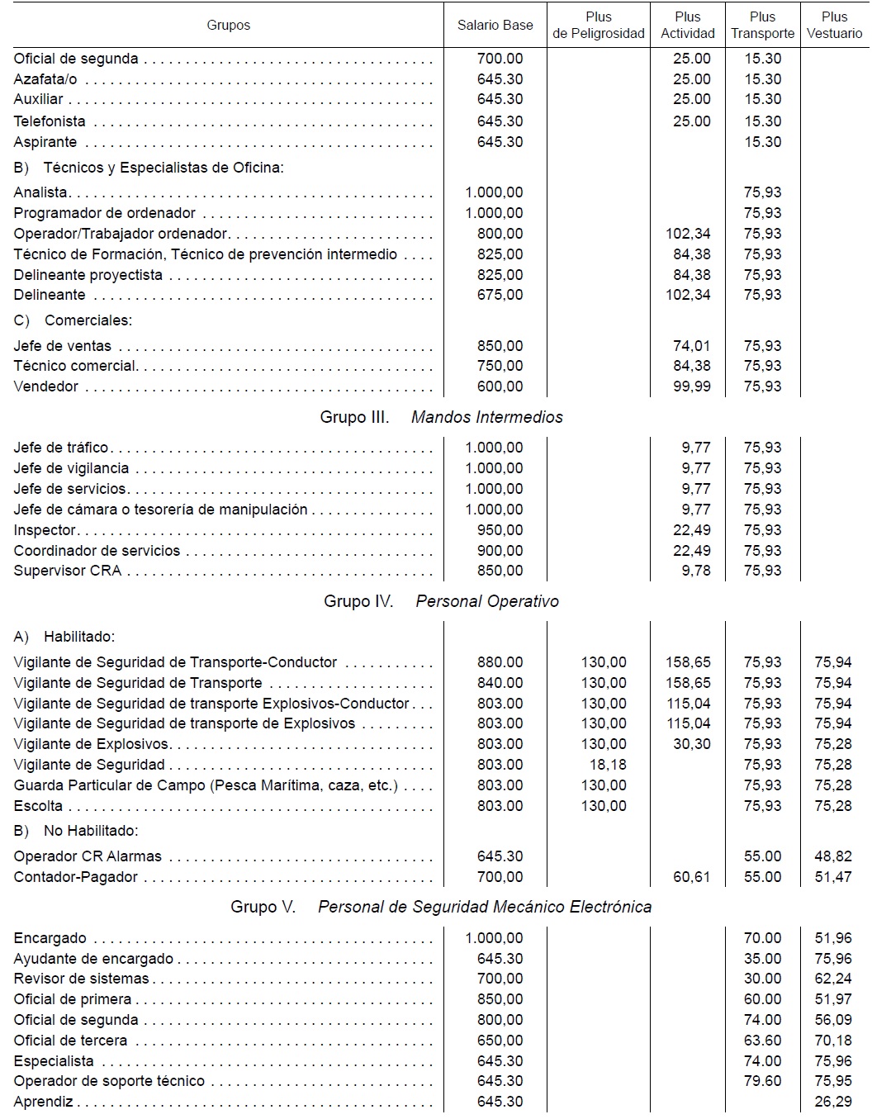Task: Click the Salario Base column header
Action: [x=495, y=25]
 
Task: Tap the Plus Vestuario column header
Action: [x=834, y=25]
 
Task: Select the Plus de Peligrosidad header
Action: [x=599, y=25]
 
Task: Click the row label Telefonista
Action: [x=50, y=121]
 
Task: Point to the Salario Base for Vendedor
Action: [x=500, y=386]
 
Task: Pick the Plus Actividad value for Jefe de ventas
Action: [x=691, y=346]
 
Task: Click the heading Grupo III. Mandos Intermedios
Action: [x=441, y=417]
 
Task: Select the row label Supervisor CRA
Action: [x=68, y=571]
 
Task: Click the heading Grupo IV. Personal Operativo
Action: [x=441, y=601]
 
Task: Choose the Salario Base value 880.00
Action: [x=500, y=662]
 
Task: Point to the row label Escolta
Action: [x=38, y=806]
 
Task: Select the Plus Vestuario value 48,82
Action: [x=832, y=856]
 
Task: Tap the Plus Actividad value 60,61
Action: [x=691, y=877]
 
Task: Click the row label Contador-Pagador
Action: [x=76, y=877]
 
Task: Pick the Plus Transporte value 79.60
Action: [x=762, y=1081]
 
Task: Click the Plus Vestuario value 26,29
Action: [x=832, y=1102]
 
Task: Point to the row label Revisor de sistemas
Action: [x=82, y=979]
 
